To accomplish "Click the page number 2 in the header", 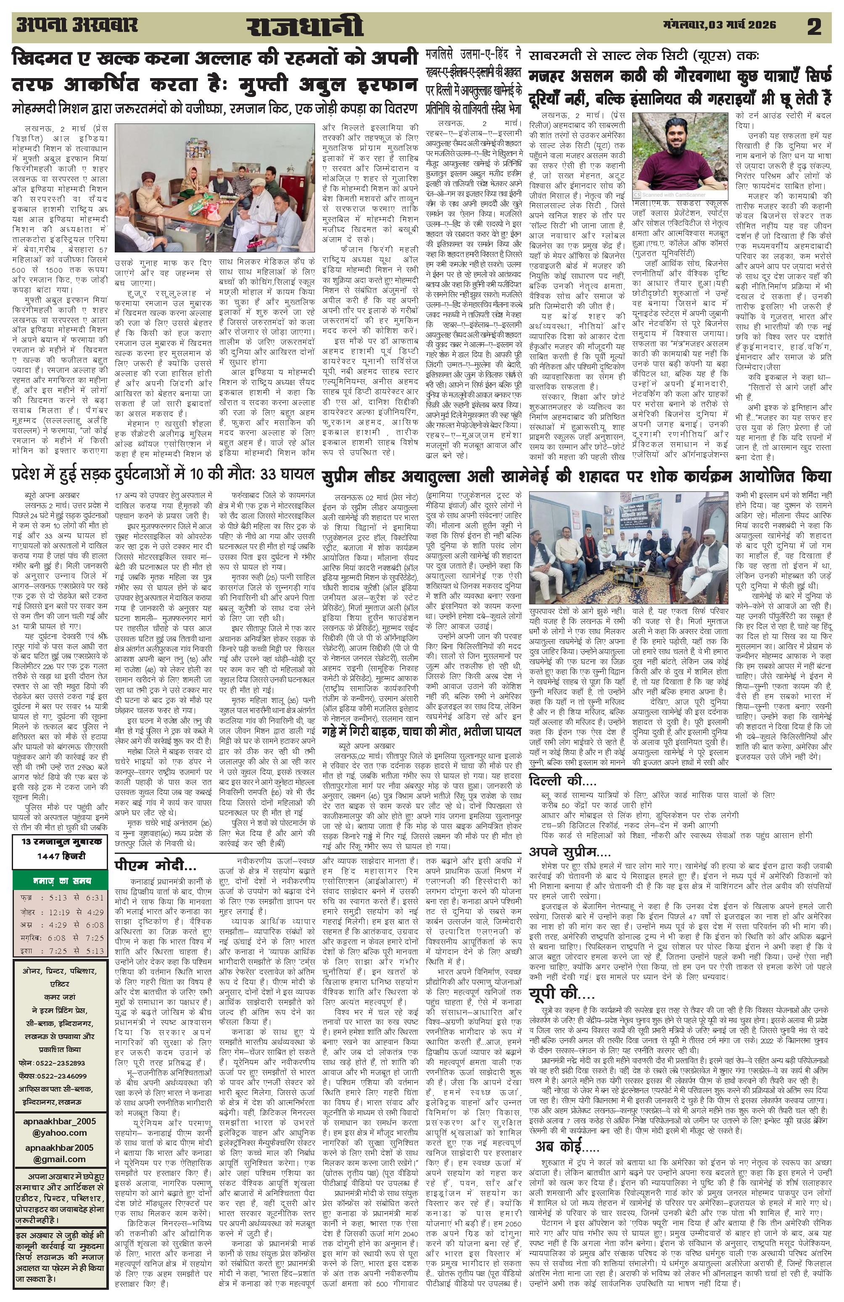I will (814, 27).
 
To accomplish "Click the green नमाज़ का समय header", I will (60, 881).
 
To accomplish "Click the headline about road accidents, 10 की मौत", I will (163, 473).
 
